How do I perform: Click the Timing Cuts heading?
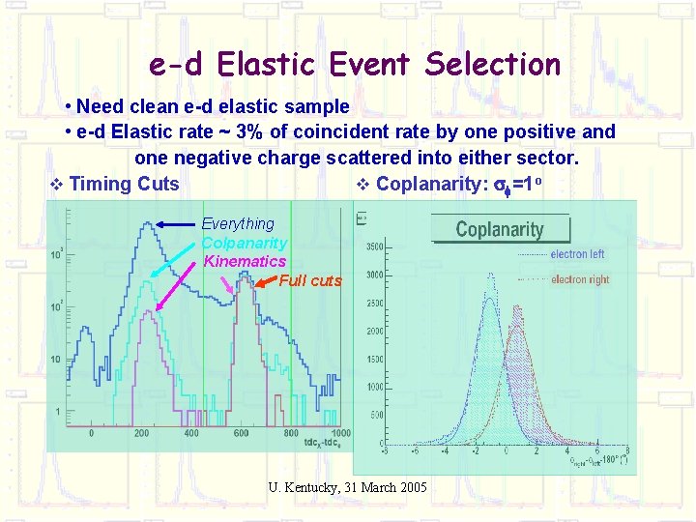[x=125, y=184]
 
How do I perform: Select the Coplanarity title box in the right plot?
[x=500, y=229]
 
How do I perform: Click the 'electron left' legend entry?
[x=577, y=254]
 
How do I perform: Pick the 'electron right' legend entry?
[x=580, y=280]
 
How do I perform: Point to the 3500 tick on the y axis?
[x=372, y=247]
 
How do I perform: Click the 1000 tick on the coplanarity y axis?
[x=372, y=388]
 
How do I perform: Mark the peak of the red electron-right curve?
[x=516, y=327]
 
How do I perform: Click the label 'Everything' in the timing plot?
[x=238, y=224]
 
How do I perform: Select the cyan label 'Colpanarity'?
[x=244, y=243]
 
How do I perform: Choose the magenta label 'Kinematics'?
[x=245, y=261]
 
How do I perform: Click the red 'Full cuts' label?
[x=310, y=281]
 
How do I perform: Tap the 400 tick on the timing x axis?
[x=191, y=433]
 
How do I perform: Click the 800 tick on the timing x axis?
[x=291, y=433]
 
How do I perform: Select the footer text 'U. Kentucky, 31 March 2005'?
[x=347, y=487]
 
